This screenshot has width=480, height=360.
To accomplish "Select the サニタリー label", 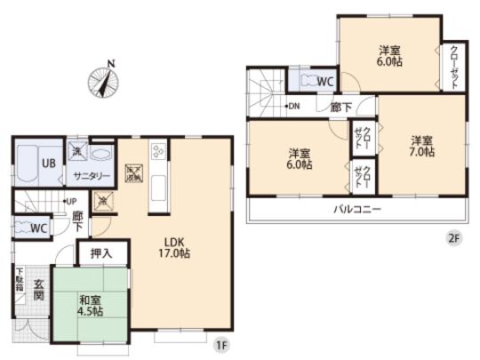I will tap(92, 175).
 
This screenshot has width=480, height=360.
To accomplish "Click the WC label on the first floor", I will tap(37, 228).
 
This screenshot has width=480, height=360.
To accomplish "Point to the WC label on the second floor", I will tap(326, 82).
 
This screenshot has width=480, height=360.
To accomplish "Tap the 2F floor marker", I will tap(455, 237).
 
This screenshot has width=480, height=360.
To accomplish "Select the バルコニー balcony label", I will tap(357, 210).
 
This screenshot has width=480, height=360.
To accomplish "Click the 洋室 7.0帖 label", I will tap(422, 146).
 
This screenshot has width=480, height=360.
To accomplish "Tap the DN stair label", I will tap(293, 107).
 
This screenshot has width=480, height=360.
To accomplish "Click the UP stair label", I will tap(69, 202).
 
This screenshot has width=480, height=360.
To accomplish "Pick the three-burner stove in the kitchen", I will tap(158, 151).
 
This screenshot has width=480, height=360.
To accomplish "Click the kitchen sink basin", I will tap(158, 189).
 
